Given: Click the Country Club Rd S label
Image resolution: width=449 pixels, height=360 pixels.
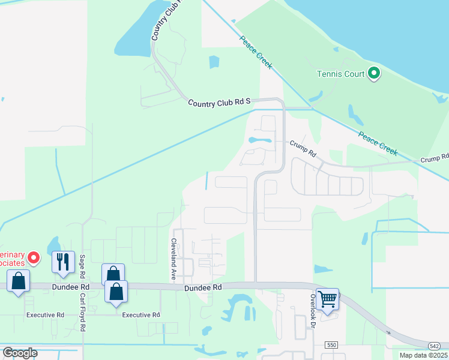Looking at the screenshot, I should click(218, 103).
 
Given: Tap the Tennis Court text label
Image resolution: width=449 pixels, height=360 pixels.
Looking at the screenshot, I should click(341, 74).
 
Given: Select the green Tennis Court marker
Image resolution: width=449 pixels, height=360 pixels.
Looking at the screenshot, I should click(374, 74).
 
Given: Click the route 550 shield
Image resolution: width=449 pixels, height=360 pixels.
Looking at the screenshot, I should click(331, 345).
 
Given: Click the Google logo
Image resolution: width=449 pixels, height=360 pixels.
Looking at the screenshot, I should click(20, 353).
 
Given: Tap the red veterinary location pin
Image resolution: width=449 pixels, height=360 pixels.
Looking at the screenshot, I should click(33, 258).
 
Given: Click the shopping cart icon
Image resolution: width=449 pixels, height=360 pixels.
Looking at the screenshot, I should click(327, 298).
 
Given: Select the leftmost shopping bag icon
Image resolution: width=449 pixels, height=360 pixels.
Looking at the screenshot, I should click(18, 280).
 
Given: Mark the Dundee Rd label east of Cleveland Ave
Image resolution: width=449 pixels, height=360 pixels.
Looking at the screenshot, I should click(203, 288).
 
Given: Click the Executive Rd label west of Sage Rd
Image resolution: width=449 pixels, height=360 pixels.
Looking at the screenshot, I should click(45, 315).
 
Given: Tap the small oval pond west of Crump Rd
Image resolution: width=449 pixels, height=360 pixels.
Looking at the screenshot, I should click(259, 140).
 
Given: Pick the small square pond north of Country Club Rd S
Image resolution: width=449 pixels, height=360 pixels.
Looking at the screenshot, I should click(214, 62).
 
